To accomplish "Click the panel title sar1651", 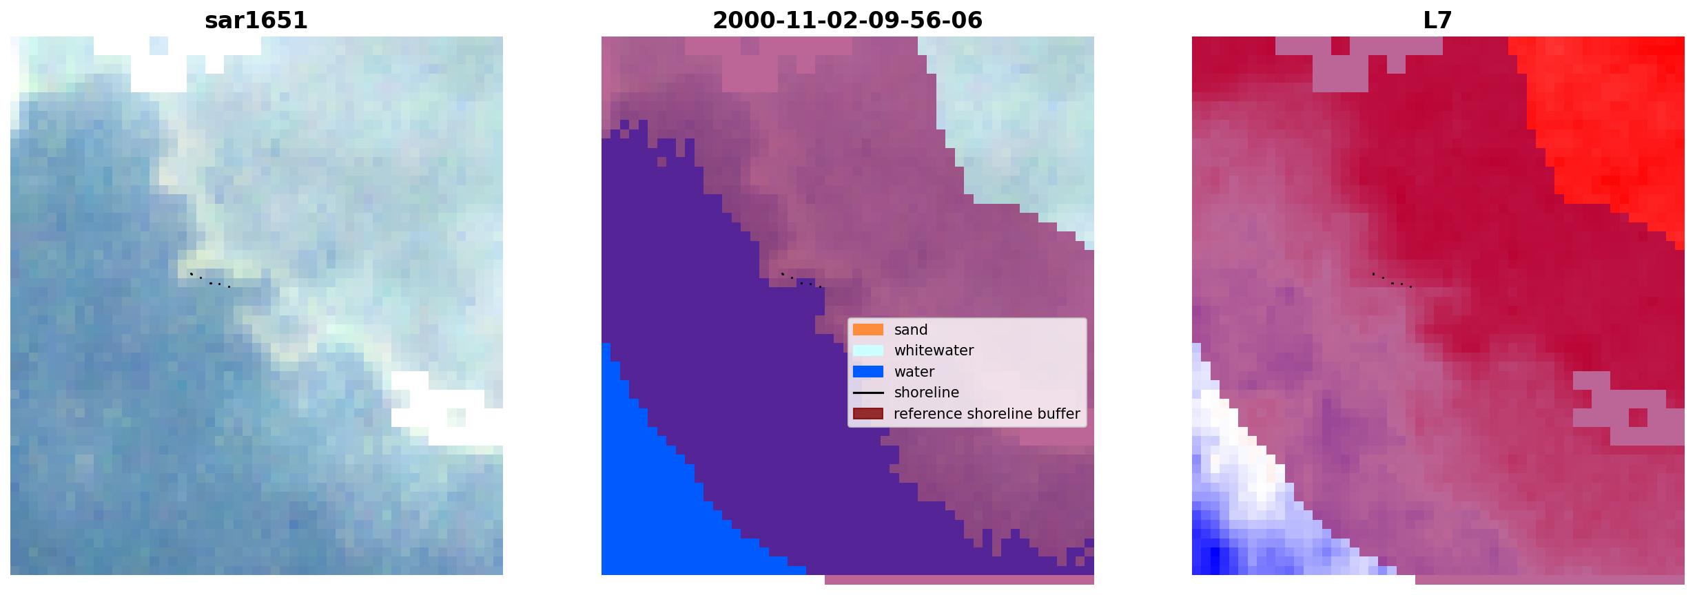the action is point(256,21).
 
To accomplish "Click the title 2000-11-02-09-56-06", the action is point(847,21).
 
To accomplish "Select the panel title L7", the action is point(1438,21).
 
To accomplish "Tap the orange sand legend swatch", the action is point(868,330).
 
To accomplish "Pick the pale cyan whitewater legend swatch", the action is point(868,351).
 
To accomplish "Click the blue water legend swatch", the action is point(868,372).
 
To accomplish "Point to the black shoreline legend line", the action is point(868,393).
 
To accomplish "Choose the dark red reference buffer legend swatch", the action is point(868,414).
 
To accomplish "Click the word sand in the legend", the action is point(911,330).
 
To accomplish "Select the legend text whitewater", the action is point(934,351).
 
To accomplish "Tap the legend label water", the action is point(914,372).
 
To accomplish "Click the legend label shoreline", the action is point(927,393).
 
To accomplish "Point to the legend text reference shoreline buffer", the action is point(987,414).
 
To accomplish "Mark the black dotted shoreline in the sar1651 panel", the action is point(210,280).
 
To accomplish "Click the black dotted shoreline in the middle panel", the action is point(801,280).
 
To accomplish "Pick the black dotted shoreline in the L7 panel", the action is point(1392,280).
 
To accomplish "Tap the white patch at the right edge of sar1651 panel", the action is point(448,410).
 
